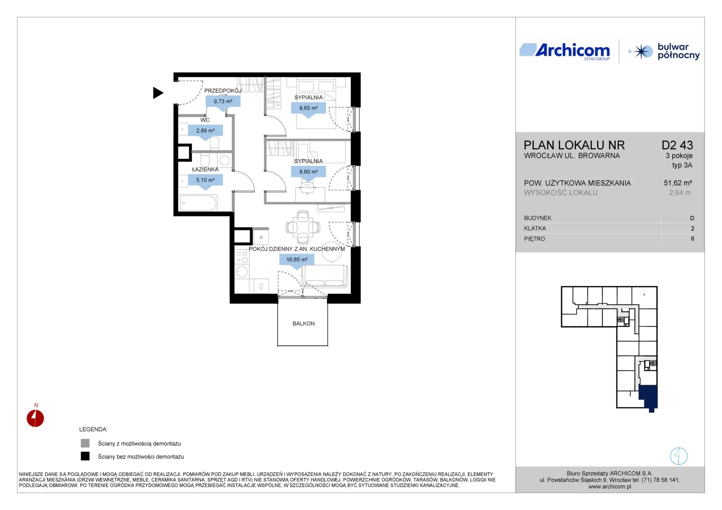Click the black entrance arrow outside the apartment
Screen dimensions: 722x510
point(158,93)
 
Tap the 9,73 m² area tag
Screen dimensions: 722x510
point(223,102)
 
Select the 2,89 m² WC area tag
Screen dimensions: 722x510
point(206,131)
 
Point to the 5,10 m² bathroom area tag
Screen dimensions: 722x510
point(206,181)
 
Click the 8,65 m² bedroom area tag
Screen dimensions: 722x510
point(309,109)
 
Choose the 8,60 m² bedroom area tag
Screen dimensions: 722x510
point(309,172)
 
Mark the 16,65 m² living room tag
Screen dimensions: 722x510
point(297,260)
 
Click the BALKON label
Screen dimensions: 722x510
point(303,323)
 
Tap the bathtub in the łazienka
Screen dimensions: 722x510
point(198,203)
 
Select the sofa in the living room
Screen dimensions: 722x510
point(324,276)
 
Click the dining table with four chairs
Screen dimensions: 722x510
point(303,228)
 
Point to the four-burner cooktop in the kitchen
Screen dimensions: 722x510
point(242,257)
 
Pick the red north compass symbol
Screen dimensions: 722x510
point(35,418)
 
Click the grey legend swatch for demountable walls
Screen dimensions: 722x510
point(85,443)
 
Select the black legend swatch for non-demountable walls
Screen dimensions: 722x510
point(85,456)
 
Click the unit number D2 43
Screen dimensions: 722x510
point(677,145)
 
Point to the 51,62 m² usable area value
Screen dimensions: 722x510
point(678,183)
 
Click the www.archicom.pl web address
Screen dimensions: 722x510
point(610,487)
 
